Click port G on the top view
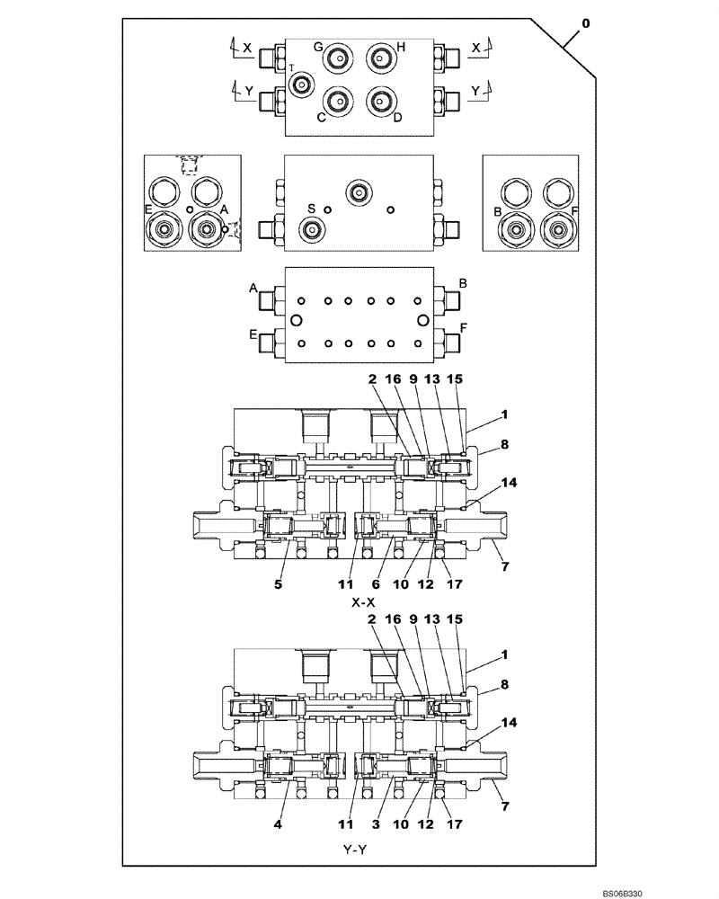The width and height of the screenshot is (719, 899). [x=339, y=58]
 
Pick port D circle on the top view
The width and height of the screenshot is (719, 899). [x=381, y=101]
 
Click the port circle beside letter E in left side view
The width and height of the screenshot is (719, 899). [x=164, y=231]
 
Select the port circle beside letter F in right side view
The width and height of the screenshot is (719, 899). [x=557, y=231]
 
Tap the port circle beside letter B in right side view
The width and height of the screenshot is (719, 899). [x=515, y=231]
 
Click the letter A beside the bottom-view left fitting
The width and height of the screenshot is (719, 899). [x=254, y=289]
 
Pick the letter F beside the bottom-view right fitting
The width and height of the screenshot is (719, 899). [x=464, y=329]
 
